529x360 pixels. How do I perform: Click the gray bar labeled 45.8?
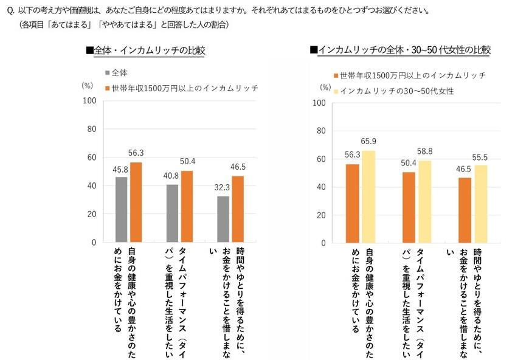point(122,209)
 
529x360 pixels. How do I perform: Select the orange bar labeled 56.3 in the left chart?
point(137,202)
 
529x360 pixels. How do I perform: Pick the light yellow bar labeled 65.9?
point(369,197)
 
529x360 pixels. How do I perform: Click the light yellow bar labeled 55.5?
point(481,204)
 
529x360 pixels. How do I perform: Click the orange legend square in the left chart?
point(108,88)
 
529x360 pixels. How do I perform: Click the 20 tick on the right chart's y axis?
point(321,216)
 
